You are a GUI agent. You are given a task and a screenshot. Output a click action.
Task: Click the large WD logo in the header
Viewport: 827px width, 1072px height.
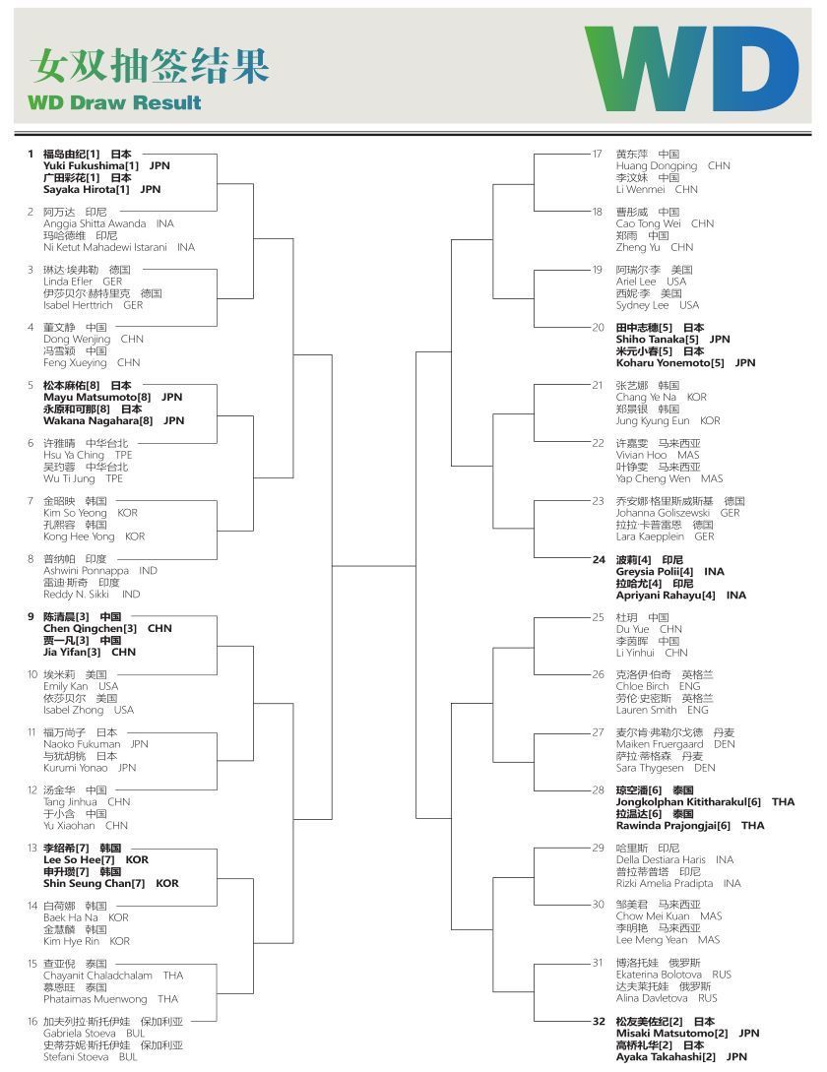[691, 68]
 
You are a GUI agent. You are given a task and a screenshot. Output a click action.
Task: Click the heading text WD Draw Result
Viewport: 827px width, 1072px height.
[114, 102]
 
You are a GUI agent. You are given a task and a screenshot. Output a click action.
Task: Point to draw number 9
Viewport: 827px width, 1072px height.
[31, 616]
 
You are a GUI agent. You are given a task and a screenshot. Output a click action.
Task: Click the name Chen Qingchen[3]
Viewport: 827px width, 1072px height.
[90, 628]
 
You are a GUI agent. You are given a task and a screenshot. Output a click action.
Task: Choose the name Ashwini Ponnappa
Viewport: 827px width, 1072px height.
[86, 571]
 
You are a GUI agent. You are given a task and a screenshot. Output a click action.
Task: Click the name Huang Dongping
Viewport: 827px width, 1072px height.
[657, 166]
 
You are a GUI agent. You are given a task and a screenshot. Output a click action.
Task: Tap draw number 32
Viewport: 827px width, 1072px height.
[598, 1022]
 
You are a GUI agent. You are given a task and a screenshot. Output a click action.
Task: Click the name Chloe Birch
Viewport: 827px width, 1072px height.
[643, 686]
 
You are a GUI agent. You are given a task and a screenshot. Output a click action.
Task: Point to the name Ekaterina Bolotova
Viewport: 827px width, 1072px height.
[659, 975]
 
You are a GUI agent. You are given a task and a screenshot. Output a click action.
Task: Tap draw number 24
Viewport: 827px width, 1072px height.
[598, 560]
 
